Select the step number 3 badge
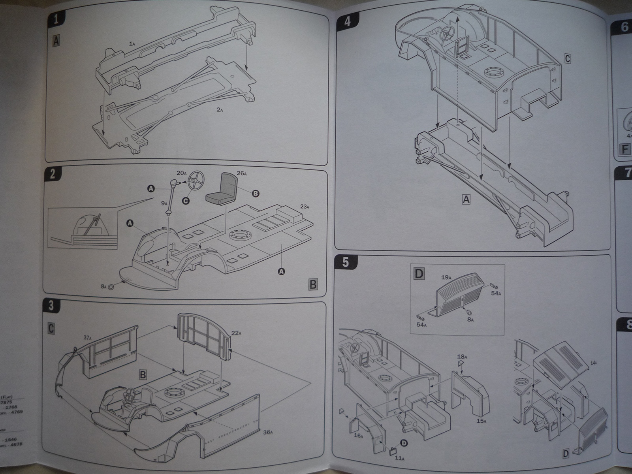click(52, 305)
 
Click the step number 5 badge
click(345, 263)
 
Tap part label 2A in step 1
click(220, 110)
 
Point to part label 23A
click(305, 206)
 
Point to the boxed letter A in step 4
click(466, 200)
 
